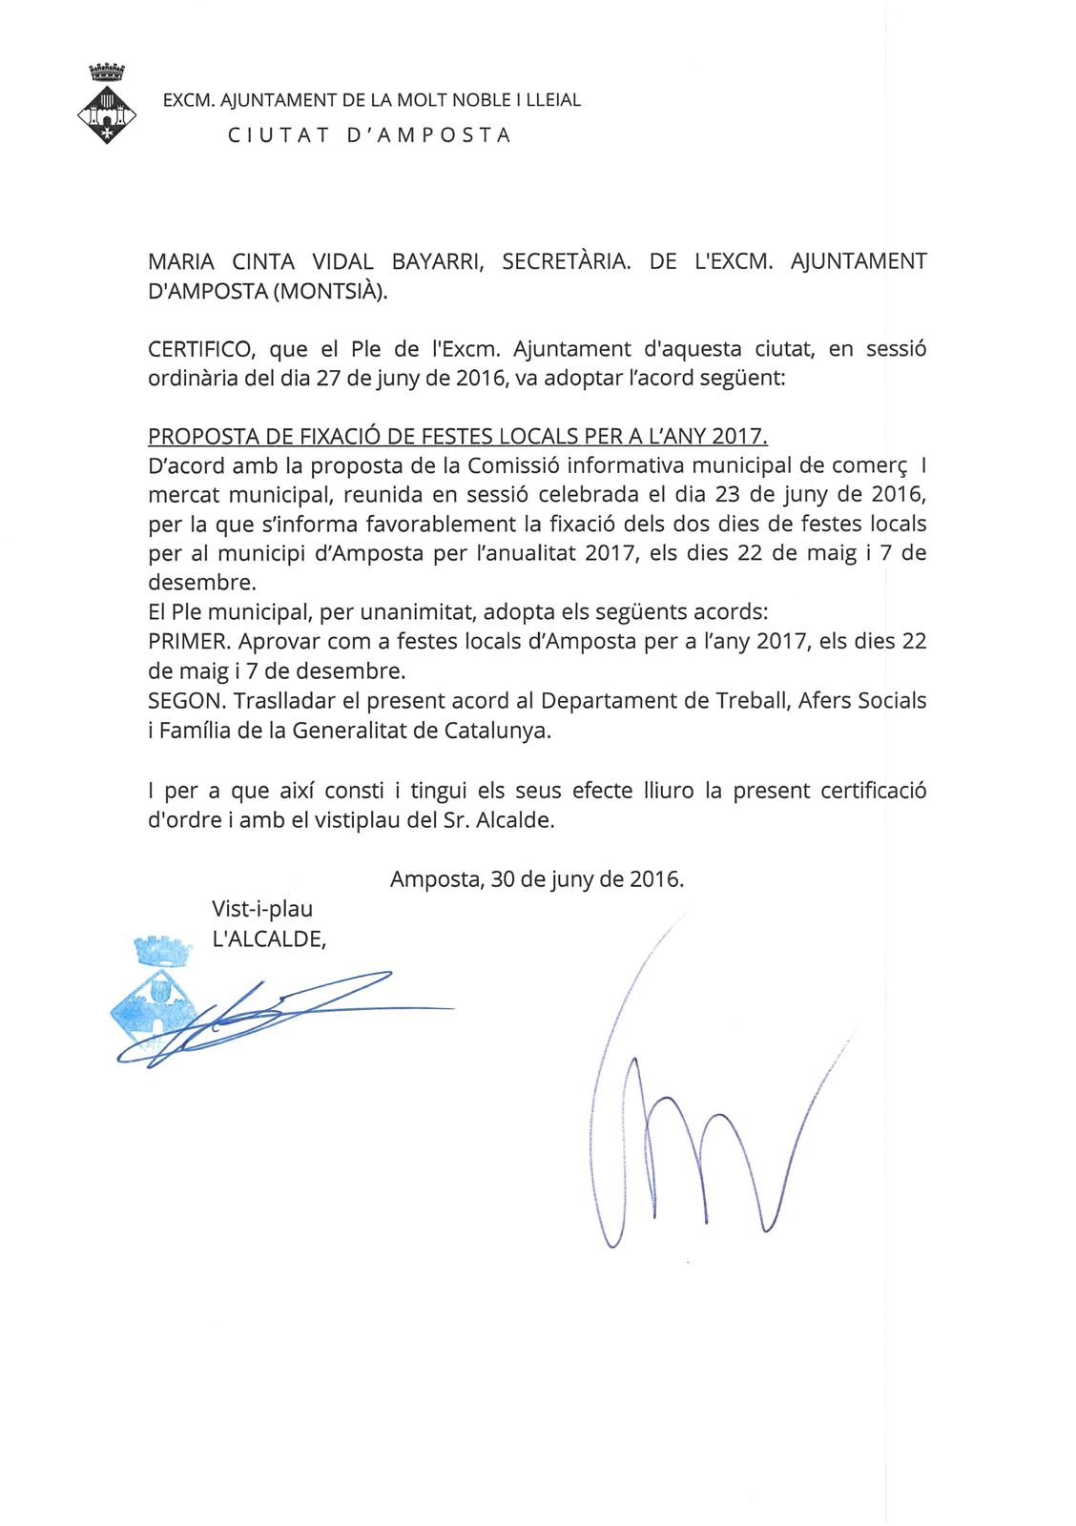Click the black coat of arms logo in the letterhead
tap(106, 105)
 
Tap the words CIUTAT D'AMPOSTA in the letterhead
tap(369, 134)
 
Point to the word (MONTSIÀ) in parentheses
tap(330, 292)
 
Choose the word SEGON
tap(182, 700)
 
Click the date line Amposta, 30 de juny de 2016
tap(537, 879)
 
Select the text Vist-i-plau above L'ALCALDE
tap(262, 909)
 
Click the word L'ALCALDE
tap(269, 938)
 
